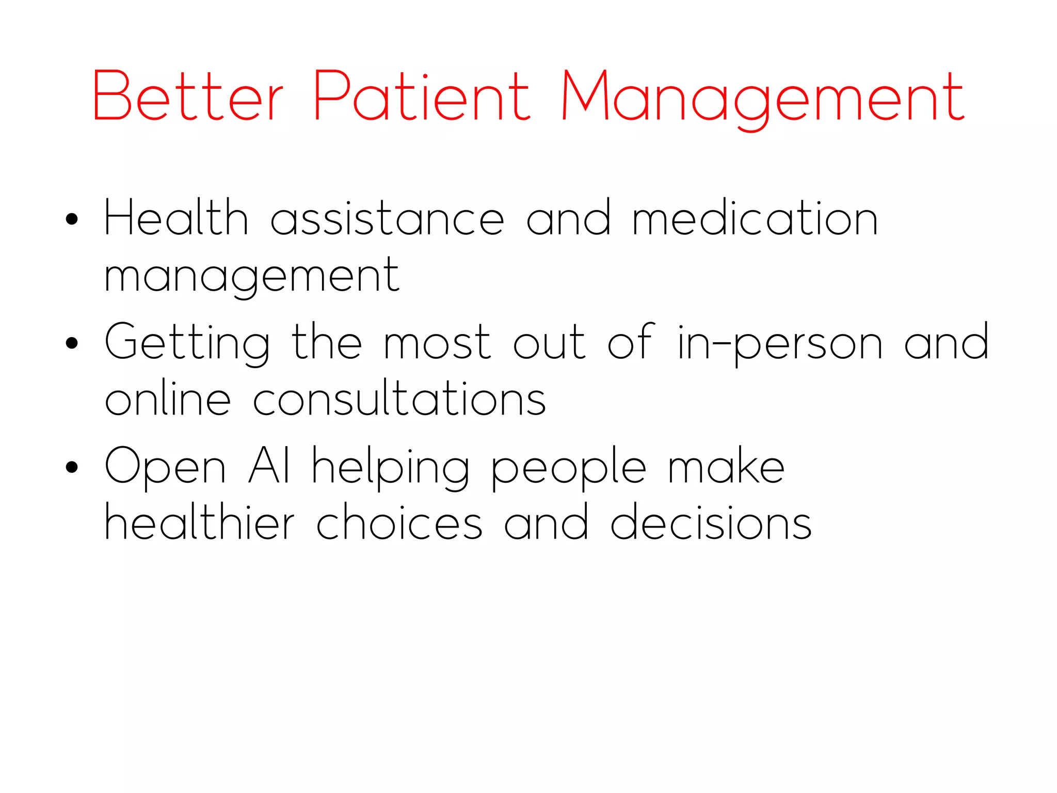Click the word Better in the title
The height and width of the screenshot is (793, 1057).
pos(188,97)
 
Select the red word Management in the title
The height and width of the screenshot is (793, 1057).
pos(763,98)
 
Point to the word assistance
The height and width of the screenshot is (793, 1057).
pos(387,219)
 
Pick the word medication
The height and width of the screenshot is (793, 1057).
pos(755,218)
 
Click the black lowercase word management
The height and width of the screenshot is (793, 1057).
pos(252,277)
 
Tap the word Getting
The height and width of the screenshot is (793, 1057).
pos(187,343)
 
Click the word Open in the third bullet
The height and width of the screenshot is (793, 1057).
pos(166,468)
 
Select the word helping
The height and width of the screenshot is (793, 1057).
pos(391,468)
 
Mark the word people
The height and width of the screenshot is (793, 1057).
pos(568,468)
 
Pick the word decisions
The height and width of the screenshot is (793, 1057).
pos(711,522)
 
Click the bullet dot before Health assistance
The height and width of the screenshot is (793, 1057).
pos(72,219)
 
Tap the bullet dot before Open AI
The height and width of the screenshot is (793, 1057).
pos(72,467)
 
